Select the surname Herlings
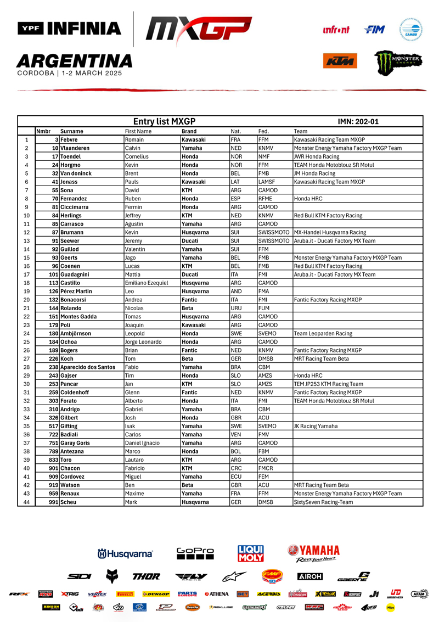point(72,216)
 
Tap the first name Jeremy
point(133,241)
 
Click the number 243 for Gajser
point(54,376)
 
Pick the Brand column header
point(189,131)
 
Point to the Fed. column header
point(263,131)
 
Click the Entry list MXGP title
point(164,121)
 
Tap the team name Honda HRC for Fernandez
point(310,199)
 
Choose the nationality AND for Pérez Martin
point(236,292)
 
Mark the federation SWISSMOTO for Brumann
point(274,233)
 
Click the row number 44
point(26,502)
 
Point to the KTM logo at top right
point(340,61)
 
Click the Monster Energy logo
point(398,62)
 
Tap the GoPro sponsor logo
point(195,553)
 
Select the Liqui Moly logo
point(250,553)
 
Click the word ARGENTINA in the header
point(74,60)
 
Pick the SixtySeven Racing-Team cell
point(323,502)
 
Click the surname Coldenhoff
point(76,393)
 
